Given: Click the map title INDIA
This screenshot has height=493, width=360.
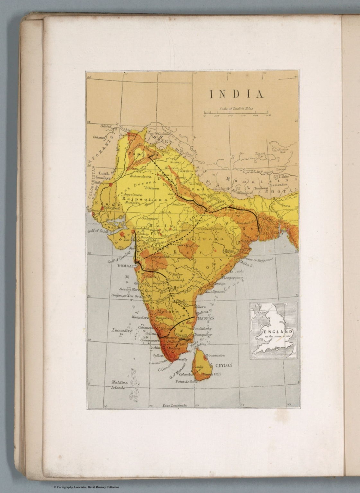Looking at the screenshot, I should (x=236, y=94).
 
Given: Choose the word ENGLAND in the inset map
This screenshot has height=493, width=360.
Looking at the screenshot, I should (x=278, y=332).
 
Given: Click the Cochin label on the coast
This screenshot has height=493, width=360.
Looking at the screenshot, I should (x=155, y=347).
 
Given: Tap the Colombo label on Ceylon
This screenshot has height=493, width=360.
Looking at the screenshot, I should (x=185, y=374).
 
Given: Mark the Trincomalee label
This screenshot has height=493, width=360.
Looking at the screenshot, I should (x=215, y=355).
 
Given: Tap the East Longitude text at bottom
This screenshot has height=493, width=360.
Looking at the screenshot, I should (x=174, y=406).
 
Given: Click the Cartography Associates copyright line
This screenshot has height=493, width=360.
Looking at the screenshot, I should (x=86, y=487).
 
